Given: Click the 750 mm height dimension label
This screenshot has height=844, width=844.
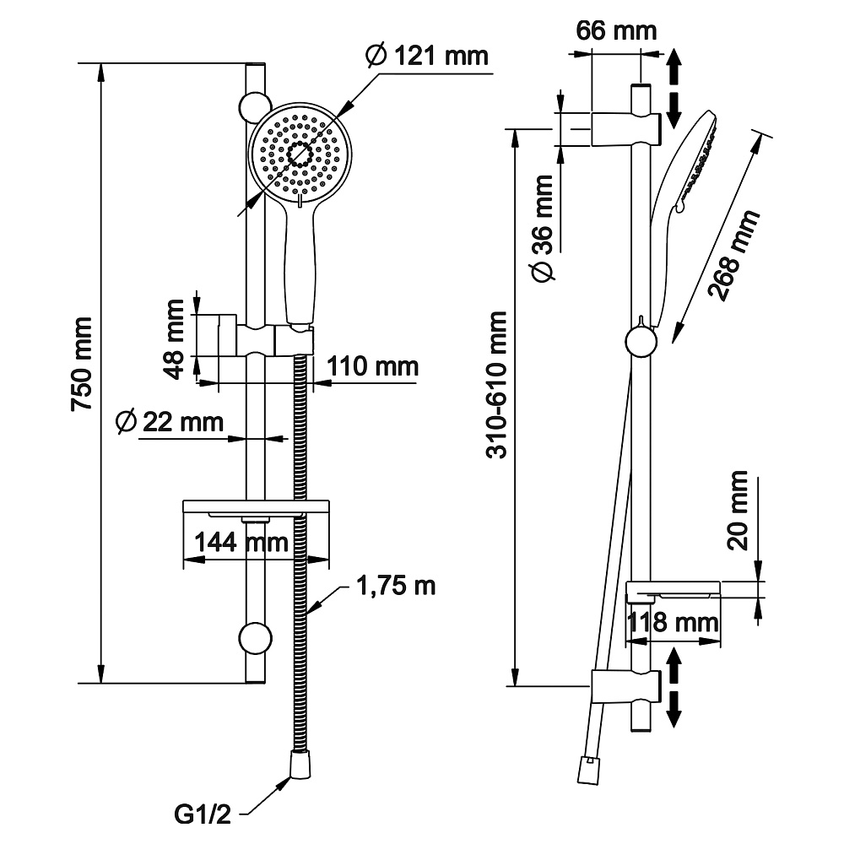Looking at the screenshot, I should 82,364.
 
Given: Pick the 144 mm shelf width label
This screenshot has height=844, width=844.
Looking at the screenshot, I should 241,542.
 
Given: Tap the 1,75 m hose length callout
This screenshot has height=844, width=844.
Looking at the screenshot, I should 396,585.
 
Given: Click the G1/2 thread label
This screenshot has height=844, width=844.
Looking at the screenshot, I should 202,815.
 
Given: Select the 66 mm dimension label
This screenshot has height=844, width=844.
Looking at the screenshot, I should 617,31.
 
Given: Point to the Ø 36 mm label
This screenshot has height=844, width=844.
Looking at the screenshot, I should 544,227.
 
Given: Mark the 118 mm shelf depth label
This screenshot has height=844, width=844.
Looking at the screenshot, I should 672,625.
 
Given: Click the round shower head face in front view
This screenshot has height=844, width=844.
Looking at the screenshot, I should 299,154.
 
